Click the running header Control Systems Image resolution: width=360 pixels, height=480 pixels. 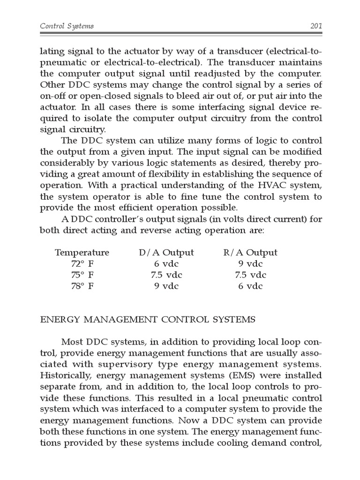click(x=67, y=26)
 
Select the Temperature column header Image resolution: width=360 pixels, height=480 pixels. click(x=82, y=253)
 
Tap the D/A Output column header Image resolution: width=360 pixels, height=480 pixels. click(x=166, y=253)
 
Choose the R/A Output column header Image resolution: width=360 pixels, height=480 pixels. click(x=250, y=253)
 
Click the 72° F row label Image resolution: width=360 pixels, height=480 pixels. click(x=82, y=264)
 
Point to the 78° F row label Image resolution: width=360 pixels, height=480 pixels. click(x=82, y=286)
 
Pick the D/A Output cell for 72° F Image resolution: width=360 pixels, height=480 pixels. click(x=166, y=264)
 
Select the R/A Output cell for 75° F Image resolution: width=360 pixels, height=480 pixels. click(x=250, y=275)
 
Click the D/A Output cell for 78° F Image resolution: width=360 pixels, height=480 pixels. click(x=166, y=286)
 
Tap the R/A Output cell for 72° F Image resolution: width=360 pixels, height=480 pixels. click(x=250, y=264)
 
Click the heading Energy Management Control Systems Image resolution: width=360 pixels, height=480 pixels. click(x=148, y=320)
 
